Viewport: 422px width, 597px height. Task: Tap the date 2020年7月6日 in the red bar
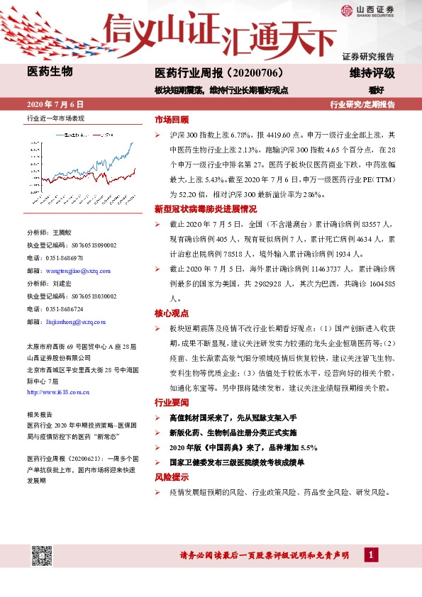coord(55,104)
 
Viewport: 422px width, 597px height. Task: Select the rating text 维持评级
coord(372,73)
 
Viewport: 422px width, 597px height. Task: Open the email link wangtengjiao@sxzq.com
coord(72,271)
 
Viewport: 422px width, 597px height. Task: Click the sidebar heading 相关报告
coord(40,414)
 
